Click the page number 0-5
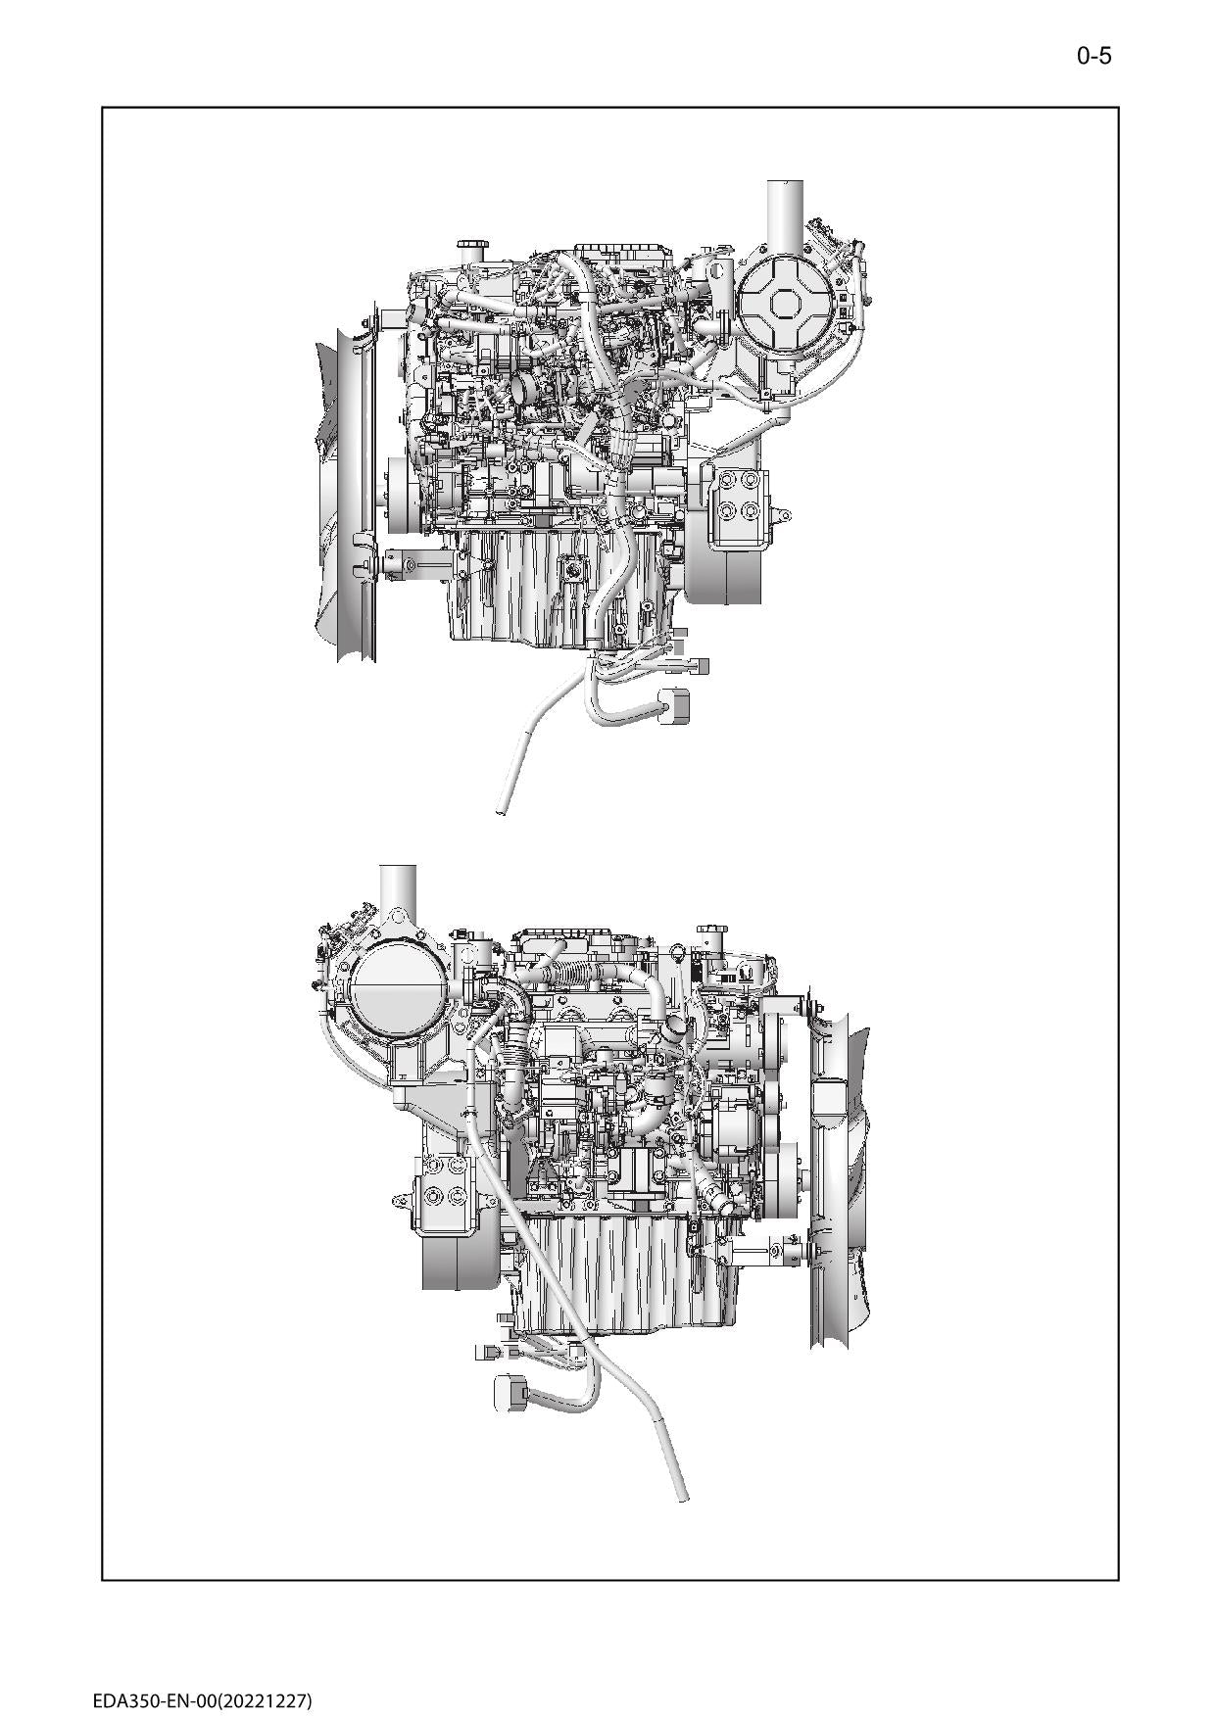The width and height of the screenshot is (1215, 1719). [1093, 56]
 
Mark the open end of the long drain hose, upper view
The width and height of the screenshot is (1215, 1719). [502, 809]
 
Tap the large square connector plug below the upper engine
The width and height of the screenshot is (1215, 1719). [675, 707]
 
